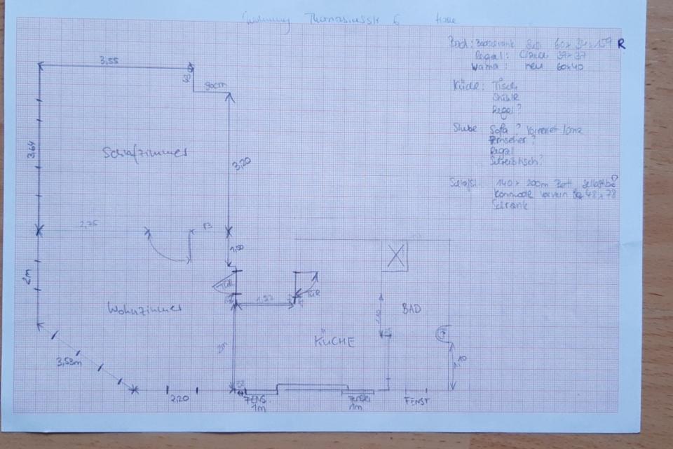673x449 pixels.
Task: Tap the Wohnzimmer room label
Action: pos(145,309)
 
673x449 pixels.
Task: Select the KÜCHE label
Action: pos(334,342)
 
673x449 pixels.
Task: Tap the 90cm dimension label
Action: pos(215,86)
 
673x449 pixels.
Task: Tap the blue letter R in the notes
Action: pos(621,43)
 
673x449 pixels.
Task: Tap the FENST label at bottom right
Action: pos(416,402)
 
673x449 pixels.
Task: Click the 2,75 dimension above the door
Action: pos(88,224)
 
